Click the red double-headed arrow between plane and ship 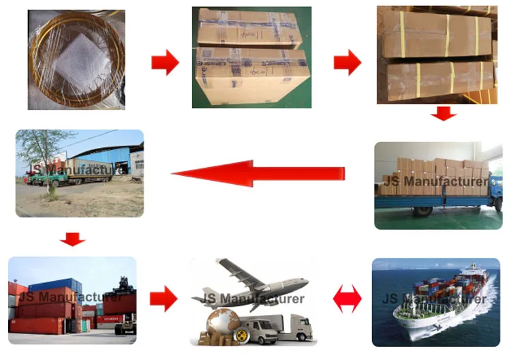pos(347,298)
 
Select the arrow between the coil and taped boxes pos(165,63)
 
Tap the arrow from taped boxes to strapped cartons pos(347,63)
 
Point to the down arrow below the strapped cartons pos(443,113)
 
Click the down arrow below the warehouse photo pos(72,239)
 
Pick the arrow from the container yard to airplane pos(163,298)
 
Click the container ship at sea pos(436,307)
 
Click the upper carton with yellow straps pos(436,34)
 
